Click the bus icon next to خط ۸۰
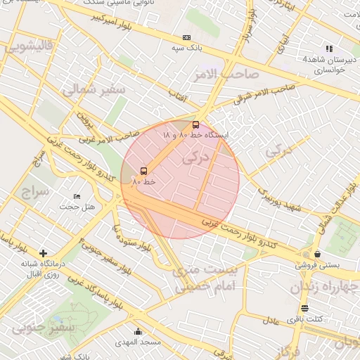tap(144, 171)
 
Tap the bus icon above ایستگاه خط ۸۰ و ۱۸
tap(195, 124)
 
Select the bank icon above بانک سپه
tap(186, 38)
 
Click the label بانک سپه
tap(187, 49)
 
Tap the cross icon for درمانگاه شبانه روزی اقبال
tap(44, 252)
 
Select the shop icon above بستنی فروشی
tap(319, 254)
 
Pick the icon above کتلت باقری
tap(304, 308)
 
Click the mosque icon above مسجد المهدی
tap(138, 332)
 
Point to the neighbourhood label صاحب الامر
tap(226, 73)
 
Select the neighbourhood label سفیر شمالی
tap(92, 90)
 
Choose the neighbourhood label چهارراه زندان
tap(316, 288)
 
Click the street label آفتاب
tap(176, 95)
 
